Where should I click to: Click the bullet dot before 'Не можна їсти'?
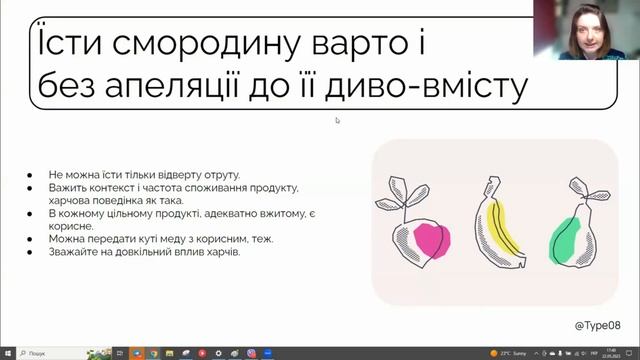tap(34, 175)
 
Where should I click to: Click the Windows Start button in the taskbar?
tap(7, 353)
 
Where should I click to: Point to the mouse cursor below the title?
tap(337, 120)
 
